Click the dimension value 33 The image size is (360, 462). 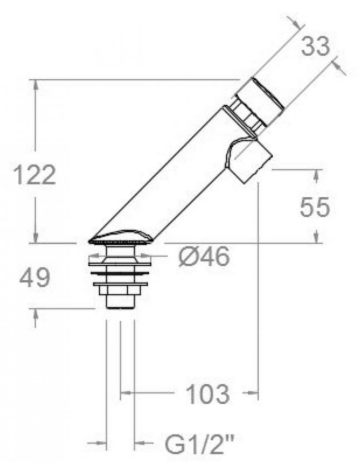click(x=315, y=47)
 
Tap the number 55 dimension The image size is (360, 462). click(x=314, y=207)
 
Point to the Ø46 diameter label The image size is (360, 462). click(x=204, y=257)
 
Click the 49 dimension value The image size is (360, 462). click(x=35, y=278)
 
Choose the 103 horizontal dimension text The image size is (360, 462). click(x=208, y=394)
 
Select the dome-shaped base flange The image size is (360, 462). click(x=121, y=237)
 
